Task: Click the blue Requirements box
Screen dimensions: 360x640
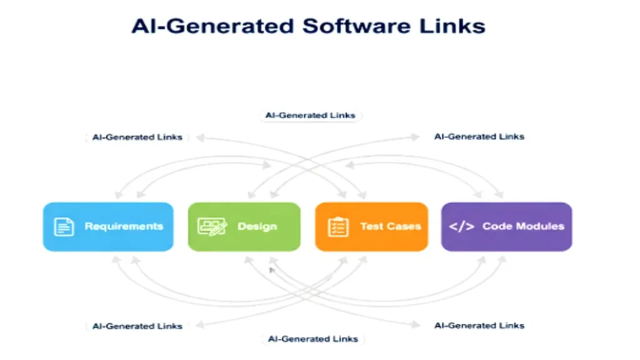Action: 107,226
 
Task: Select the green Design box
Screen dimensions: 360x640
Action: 244,226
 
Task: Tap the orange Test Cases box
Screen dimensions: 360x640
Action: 371,226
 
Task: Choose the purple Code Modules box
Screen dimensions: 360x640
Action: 506,226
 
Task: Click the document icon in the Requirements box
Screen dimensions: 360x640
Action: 64,226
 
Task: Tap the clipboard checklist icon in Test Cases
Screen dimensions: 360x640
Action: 338,226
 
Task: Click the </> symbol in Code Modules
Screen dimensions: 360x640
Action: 461,226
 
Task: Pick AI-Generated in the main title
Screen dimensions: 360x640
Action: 212,27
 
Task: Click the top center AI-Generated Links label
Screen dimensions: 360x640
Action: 310,116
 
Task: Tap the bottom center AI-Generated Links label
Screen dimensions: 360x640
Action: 312,339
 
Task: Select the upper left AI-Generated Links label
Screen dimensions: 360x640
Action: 137,137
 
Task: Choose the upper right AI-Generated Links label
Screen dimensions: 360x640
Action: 479,136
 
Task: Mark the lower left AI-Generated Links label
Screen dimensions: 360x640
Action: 137,326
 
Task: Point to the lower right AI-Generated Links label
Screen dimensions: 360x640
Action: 479,325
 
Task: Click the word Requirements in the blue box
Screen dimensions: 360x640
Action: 124,226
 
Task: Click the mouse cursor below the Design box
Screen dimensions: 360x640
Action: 272,270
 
